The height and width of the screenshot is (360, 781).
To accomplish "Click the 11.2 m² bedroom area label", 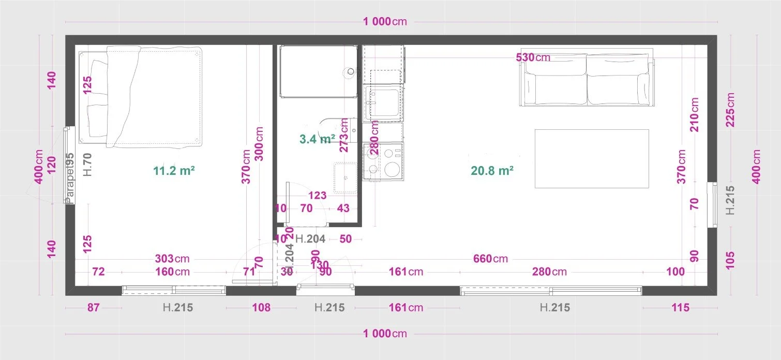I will pyautogui.click(x=174, y=170).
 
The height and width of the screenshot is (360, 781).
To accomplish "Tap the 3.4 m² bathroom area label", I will pyautogui.click(x=317, y=139).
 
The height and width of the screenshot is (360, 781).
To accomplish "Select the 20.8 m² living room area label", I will pyautogui.click(x=492, y=170).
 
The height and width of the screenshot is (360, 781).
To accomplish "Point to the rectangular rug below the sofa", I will pyautogui.click(x=592, y=158).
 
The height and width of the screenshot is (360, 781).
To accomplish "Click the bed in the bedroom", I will pyautogui.click(x=140, y=96).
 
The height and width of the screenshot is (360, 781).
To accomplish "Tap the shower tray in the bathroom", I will pyautogui.click(x=318, y=71).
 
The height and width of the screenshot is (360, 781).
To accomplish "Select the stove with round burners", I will pyautogui.click(x=383, y=161).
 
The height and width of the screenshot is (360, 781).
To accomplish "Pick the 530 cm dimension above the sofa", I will pyautogui.click(x=533, y=57).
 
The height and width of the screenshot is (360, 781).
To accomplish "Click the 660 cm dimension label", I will pyautogui.click(x=490, y=259).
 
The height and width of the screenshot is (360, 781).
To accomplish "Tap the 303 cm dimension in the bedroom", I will pyautogui.click(x=172, y=259).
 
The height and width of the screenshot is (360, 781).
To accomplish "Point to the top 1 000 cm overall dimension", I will pyautogui.click(x=385, y=22).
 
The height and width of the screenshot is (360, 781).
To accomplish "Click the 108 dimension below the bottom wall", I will pyautogui.click(x=261, y=308).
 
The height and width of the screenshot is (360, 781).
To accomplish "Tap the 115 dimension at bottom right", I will pyautogui.click(x=680, y=308).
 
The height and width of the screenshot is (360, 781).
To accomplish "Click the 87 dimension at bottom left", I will pyautogui.click(x=93, y=308).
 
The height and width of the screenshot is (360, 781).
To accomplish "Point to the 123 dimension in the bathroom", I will pyautogui.click(x=317, y=196).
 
